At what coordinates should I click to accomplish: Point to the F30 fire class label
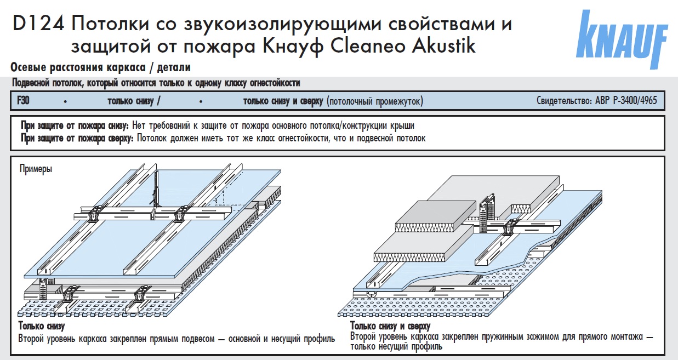(x=23, y=101)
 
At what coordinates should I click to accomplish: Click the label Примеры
(x=36, y=168)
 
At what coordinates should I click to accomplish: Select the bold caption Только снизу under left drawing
(x=42, y=327)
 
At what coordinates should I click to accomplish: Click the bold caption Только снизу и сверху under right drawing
(x=390, y=327)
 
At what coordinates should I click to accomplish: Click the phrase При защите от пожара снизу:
(x=75, y=125)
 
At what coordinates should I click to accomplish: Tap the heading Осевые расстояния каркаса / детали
(x=100, y=68)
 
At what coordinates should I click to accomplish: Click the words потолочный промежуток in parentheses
(x=375, y=101)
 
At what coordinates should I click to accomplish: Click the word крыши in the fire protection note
(x=403, y=125)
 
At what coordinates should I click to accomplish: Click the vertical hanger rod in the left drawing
(x=157, y=189)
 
